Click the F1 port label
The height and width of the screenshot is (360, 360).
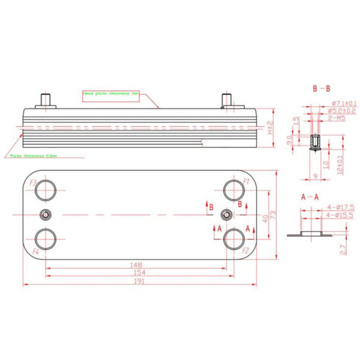(245, 182)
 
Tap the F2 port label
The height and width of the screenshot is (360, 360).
(245, 250)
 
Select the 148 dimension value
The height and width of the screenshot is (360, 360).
(137, 264)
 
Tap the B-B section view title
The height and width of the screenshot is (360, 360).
(321, 89)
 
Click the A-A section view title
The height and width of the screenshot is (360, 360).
(310, 197)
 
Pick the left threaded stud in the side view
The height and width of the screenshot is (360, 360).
(45, 100)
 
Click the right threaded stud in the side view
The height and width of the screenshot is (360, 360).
(227, 100)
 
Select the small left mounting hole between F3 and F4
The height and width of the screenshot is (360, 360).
(44, 215)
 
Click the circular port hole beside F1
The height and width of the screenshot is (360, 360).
(232, 190)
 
